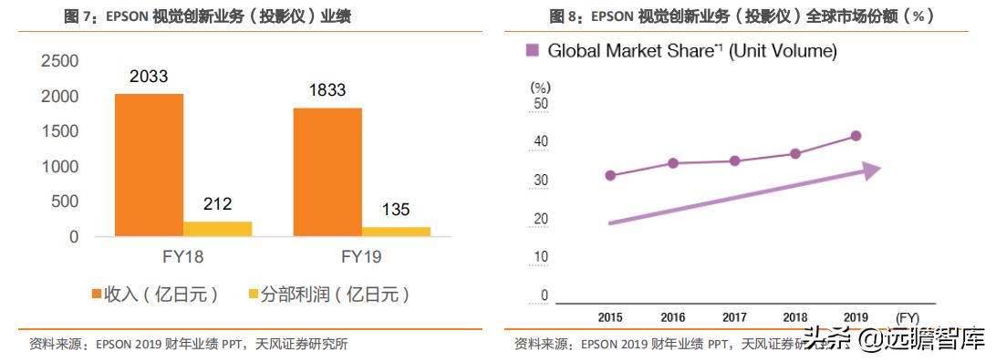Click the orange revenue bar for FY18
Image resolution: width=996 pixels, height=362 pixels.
(149, 164)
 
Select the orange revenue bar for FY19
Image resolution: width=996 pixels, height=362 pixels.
(327, 171)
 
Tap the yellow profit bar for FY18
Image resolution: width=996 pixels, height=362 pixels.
(217, 229)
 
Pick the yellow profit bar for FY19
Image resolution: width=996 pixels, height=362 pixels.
(396, 232)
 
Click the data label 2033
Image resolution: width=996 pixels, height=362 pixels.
(149, 78)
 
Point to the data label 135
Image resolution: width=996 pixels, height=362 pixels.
(396, 211)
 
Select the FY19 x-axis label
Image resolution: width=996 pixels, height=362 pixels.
(360, 257)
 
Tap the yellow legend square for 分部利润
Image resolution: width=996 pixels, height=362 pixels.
(253, 295)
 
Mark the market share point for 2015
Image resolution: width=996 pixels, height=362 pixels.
(610, 175)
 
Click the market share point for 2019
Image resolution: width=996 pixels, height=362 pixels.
(856, 136)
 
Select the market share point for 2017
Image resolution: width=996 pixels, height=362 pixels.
(734, 161)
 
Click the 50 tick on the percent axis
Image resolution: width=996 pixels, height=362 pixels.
(541, 104)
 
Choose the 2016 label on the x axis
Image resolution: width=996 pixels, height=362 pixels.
(672, 316)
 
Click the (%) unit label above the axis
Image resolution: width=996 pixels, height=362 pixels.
(541, 88)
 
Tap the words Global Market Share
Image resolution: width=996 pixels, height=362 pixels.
(629, 51)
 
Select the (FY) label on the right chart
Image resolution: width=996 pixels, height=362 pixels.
(908, 316)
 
